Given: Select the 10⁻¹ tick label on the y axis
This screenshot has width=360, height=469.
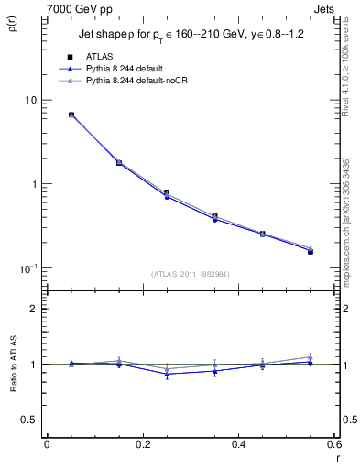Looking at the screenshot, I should pyautogui.click(x=29, y=268).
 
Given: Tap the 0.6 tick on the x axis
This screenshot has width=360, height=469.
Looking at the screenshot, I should pyautogui.click(x=334, y=444).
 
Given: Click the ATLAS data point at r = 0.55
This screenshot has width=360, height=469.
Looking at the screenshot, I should pyautogui.click(x=311, y=251).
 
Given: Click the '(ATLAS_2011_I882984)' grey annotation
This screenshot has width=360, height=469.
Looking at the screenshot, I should pyautogui.click(x=190, y=273).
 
